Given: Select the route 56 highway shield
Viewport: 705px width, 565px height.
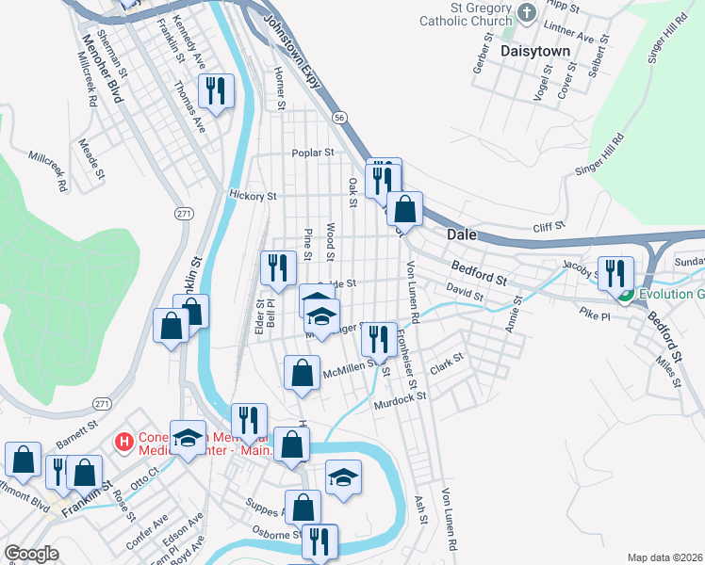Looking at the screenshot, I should click(x=339, y=117).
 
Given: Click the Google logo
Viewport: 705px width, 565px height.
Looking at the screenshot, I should click(x=31, y=554).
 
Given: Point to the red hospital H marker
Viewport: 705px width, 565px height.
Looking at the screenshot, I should click(x=123, y=441).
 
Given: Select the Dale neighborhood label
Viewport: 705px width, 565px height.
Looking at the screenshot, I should click(x=461, y=234).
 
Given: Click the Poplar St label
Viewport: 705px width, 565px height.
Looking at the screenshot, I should click(x=313, y=152).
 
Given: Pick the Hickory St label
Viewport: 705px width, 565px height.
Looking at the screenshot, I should click(x=253, y=197).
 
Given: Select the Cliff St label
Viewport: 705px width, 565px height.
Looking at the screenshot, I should click(x=548, y=226).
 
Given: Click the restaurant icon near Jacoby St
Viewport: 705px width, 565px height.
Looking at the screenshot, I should click(x=615, y=273).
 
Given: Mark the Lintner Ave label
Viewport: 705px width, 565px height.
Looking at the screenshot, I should click(x=572, y=37).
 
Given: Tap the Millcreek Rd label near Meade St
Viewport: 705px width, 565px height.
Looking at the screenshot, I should click(x=48, y=168).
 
